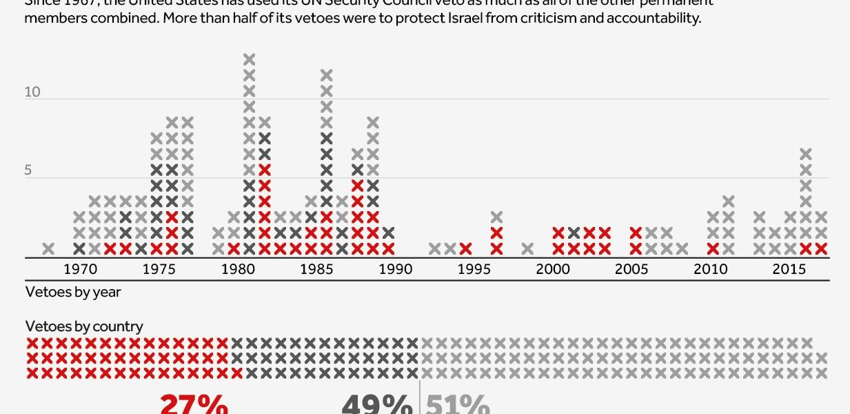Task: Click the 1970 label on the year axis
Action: coord(79,269)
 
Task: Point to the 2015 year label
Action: coord(789,269)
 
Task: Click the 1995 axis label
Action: coord(474,269)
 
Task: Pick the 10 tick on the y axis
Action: coord(33,92)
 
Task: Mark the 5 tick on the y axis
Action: coord(28,170)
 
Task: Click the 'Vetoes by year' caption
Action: coord(73,292)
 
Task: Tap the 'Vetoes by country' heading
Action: coord(84,326)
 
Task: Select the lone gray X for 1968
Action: coord(48,248)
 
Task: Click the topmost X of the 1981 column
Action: coord(250,59)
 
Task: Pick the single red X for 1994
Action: coord(466,248)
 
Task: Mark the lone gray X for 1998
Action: coord(527,248)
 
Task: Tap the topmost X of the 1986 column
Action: coord(327,75)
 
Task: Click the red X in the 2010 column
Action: coord(713,248)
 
